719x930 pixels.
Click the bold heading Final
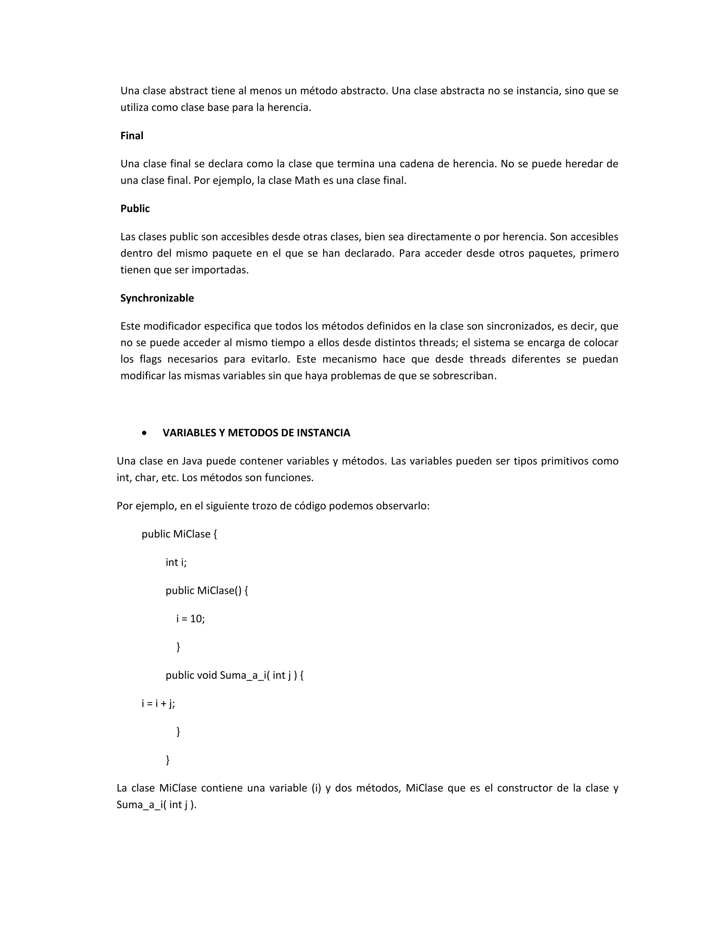tap(132, 136)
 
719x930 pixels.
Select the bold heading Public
tap(135, 209)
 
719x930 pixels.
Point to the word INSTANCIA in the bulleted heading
tap(323, 433)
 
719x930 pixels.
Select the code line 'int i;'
tap(176, 563)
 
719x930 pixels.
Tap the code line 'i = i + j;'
tap(158, 703)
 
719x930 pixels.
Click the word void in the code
tap(207, 675)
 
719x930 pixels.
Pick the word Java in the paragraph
tap(192, 461)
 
